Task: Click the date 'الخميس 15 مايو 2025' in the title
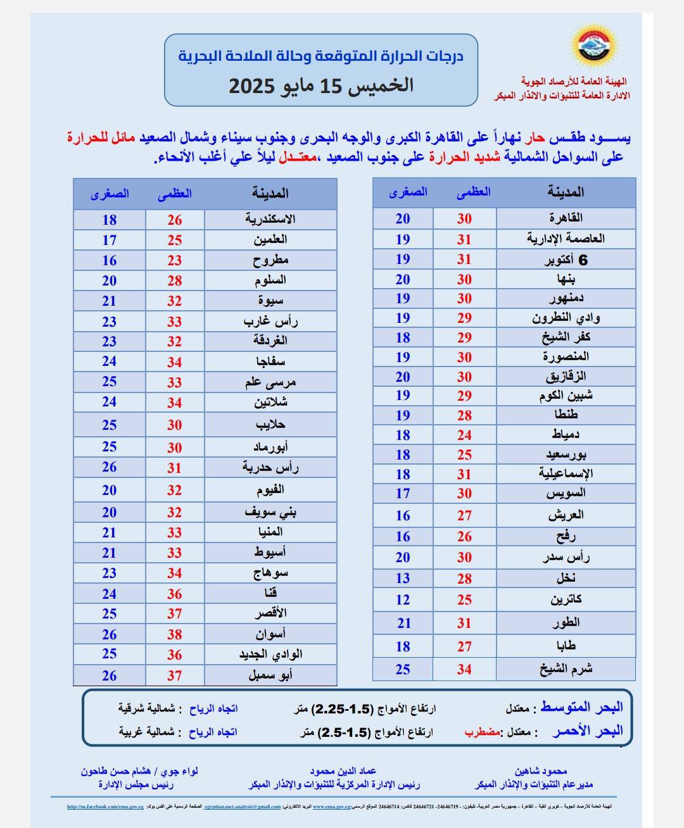point(320,85)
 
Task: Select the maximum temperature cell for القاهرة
point(464,218)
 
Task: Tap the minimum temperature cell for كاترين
point(403,599)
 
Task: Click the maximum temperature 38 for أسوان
point(175,634)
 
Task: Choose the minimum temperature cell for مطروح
point(110,260)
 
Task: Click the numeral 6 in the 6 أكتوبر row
point(583,260)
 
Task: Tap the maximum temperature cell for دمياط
point(464,435)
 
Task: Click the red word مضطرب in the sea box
point(483,732)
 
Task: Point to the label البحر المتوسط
point(581,707)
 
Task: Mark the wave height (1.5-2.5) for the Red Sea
point(343,732)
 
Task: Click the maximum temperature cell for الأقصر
point(175,613)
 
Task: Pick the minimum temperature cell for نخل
point(403,578)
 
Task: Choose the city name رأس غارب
point(270,321)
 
